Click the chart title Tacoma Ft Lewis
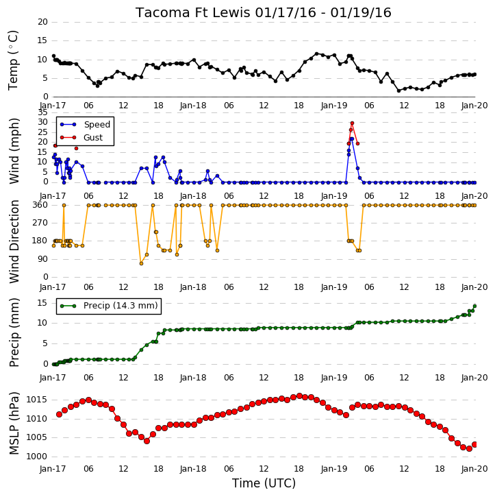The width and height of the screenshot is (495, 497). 193,12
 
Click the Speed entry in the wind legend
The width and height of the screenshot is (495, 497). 97,125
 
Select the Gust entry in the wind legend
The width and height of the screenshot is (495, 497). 93,138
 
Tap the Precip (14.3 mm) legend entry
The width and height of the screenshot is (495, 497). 120,306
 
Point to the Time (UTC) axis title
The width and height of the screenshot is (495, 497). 264,483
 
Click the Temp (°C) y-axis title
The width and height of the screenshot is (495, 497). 13,60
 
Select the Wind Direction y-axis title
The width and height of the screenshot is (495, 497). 14,241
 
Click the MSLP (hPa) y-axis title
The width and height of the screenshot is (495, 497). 14,423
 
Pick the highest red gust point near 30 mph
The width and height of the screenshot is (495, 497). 352,123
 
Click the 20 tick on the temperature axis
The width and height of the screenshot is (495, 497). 42,22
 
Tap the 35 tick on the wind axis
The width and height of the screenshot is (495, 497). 42,112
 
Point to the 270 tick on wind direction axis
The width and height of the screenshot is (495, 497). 40,223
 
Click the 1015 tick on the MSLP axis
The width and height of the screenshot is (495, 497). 36,400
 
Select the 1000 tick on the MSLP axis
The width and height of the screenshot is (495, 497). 36,457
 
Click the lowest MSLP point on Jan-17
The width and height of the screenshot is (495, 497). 147,441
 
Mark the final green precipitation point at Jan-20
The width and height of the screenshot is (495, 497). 474,306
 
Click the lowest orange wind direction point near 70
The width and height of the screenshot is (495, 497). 141,264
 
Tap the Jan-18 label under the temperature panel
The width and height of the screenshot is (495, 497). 193,106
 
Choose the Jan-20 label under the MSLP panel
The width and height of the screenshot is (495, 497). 474,469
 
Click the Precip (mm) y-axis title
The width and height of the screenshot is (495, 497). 14,332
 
